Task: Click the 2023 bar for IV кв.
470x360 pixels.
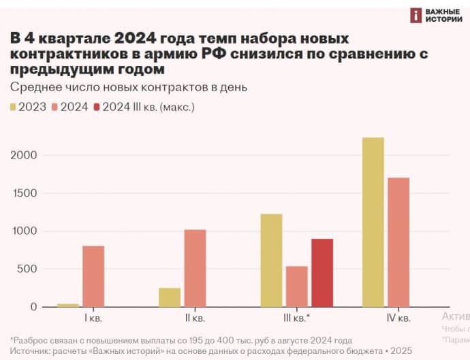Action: [373, 222]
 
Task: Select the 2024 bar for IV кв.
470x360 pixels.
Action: [398, 242]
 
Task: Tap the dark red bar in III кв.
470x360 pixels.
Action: [322, 272]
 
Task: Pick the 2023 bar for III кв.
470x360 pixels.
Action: [271, 260]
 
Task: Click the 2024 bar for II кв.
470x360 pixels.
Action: [195, 268]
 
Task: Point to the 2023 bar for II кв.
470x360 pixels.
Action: [170, 297]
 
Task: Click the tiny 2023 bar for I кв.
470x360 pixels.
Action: [68, 305]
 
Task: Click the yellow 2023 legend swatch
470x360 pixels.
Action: [14, 107]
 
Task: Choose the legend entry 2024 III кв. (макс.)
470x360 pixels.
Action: [147, 107]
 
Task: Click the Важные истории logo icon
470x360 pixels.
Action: [416, 16]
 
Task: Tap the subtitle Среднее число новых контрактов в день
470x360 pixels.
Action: [129, 87]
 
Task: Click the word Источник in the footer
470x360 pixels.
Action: [30, 350]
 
